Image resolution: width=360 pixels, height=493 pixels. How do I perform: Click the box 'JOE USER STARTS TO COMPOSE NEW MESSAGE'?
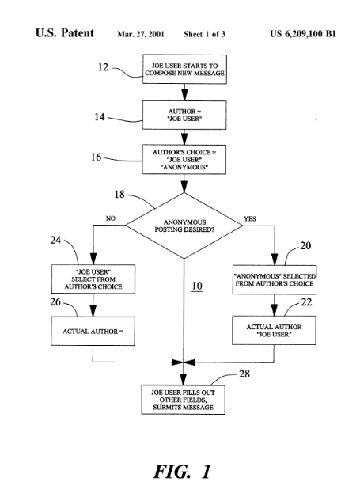pos(184,69)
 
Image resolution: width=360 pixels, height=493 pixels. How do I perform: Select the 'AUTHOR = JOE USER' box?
pos(184,115)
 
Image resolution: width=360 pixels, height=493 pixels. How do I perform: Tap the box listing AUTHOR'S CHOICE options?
pos(184,159)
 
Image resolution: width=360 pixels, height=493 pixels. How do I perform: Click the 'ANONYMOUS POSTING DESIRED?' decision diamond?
pos(184,226)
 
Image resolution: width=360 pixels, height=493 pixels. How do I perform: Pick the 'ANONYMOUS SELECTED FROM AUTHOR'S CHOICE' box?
pos(275,280)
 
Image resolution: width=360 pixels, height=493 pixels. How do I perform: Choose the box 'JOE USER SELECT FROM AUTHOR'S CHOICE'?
pos(93,279)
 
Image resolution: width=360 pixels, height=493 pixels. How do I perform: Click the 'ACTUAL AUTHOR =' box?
pos(93,331)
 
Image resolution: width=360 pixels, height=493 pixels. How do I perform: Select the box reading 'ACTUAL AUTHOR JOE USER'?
pos(274,331)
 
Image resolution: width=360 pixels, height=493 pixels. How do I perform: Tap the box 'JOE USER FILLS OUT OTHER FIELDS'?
pos(183,400)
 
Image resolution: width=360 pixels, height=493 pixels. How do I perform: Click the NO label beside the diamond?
pos(110,218)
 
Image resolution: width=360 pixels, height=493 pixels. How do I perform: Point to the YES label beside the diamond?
pos(250,219)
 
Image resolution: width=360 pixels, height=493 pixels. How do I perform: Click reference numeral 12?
pos(103,67)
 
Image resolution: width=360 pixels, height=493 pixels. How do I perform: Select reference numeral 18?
pos(119,195)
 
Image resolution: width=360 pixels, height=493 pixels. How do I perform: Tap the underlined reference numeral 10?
pos(197,286)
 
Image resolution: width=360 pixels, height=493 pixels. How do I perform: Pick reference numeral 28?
pos(244,374)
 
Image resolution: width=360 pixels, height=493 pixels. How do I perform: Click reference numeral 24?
pos(55,241)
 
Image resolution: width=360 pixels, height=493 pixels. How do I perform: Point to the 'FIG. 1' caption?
pos(182,472)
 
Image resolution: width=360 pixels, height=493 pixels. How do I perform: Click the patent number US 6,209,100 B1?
pos(303,34)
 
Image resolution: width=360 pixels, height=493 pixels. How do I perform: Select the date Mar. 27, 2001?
pos(141,34)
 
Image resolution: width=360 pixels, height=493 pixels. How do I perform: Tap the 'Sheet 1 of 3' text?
pos(205,34)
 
